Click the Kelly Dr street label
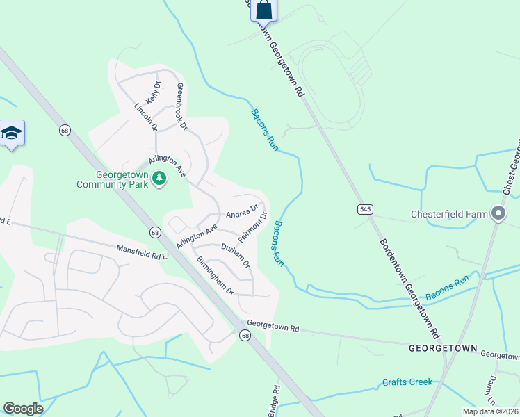pos(152,92)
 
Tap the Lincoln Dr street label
pos(145,117)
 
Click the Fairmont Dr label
pos(253,227)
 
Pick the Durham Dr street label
pos(235,256)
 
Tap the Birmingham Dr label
pos(215,275)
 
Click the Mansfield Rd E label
pos(142,249)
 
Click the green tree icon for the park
pos(160,179)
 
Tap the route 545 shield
pos(365,209)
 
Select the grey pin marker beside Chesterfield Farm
pos(498,214)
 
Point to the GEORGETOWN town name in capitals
pos(443,347)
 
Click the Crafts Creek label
pos(407,382)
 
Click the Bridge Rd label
pos(274,400)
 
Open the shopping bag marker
pos(263,10)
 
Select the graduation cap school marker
pos(12,133)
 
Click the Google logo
pos(24,409)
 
